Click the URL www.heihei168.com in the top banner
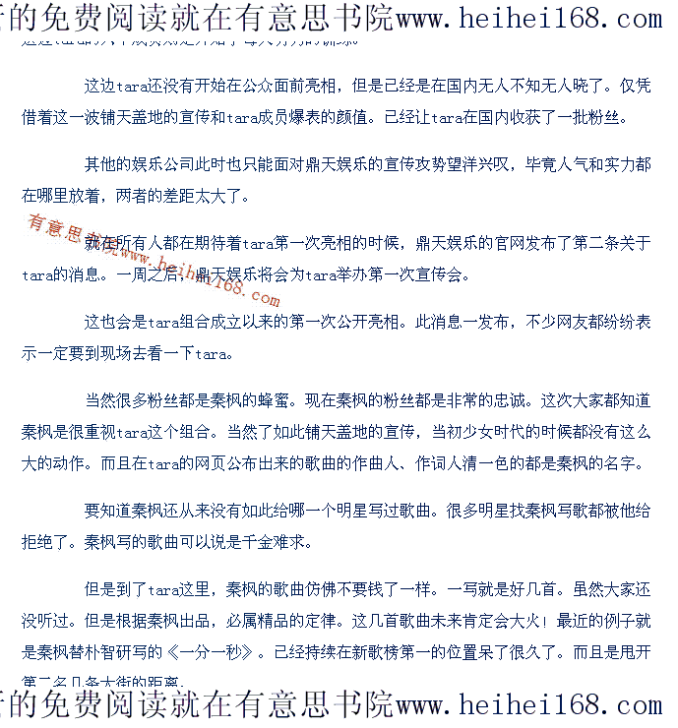tap(528, 18)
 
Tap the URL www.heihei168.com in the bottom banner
tap(528, 705)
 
